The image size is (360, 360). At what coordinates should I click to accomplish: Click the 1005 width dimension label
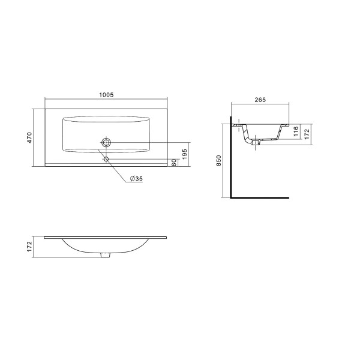click(106, 95)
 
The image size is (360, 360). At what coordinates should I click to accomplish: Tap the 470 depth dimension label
click(29, 137)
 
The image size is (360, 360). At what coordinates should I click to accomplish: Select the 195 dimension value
click(185, 154)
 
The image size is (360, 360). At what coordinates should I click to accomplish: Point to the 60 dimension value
click(174, 163)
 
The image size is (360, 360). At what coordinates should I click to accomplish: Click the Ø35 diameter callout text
click(136, 179)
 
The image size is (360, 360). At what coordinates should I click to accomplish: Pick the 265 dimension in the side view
click(260, 100)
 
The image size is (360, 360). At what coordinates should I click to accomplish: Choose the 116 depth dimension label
click(296, 131)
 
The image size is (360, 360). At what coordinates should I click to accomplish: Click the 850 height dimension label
click(218, 160)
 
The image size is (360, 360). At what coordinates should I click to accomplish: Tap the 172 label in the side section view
click(307, 134)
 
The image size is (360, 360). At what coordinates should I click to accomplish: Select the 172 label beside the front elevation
click(29, 247)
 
